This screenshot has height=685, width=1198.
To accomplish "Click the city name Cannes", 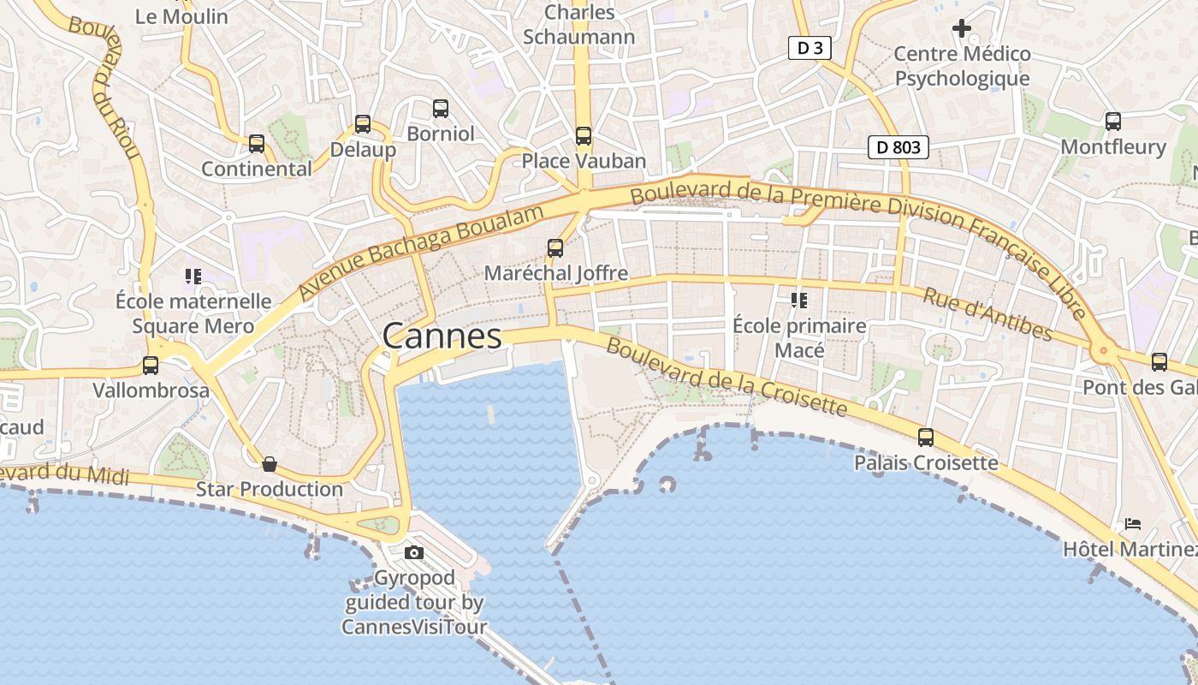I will point(442,336).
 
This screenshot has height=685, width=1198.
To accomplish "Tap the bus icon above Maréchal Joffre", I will point(555,248).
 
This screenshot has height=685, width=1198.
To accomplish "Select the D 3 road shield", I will point(810,48).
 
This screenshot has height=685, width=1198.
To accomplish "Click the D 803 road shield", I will point(898,147).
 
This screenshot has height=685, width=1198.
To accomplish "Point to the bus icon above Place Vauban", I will point(584,135).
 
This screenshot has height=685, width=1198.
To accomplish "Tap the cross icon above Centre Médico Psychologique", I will point(962,28).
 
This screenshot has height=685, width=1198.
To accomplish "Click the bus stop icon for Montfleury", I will point(1112,122).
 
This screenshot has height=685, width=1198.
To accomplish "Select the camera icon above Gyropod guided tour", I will point(414,552).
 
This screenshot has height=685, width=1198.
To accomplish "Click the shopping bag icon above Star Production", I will point(270,464).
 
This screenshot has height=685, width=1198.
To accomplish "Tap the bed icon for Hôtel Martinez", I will point(1133,523).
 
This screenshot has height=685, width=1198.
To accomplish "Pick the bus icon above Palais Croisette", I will point(926,438).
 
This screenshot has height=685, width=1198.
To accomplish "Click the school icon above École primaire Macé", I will point(799,300).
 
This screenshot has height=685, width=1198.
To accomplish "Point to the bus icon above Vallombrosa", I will point(151,366).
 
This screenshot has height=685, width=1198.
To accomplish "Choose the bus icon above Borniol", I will point(441,109).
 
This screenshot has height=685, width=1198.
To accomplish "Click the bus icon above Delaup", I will point(363,124).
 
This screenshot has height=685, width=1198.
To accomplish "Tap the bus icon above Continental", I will point(257,143).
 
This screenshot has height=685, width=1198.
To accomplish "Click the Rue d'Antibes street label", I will point(987,313).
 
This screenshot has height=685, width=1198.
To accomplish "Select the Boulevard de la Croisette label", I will point(727,377).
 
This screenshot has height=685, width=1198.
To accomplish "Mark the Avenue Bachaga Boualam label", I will point(421,253).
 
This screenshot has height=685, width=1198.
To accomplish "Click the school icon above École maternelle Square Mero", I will point(193,277).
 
